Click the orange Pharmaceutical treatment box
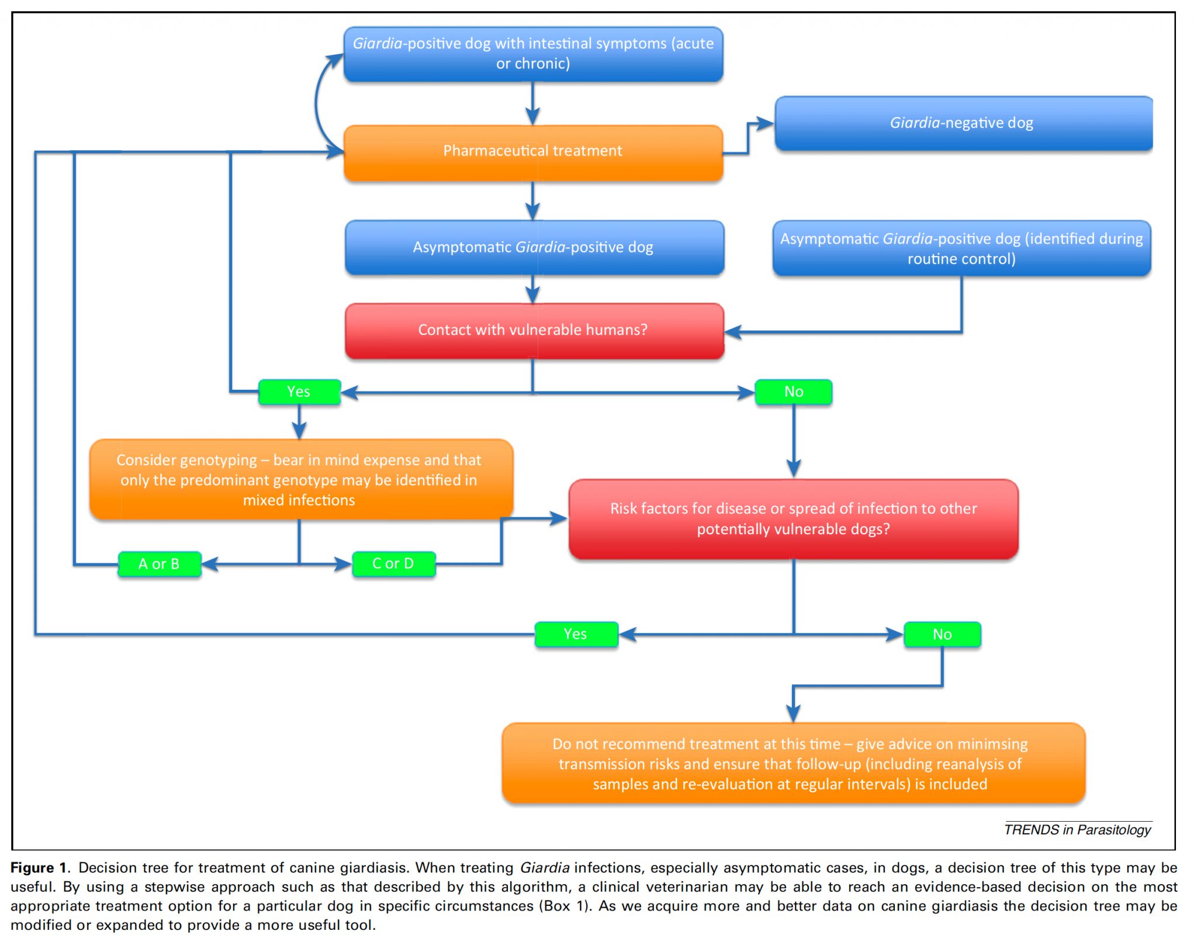pyautogui.click(x=533, y=152)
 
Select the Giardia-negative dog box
pyautogui.click(x=963, y=123)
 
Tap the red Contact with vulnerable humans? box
pyautogui.click(x=534, y=330)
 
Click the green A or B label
pyautogui.click(x=159, y=564)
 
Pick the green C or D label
pyautogui.click(x=393, y=564)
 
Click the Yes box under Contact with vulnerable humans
pyautogui.click(x=299, y=392)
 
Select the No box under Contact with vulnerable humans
pyautogui.click(x=793, y=392)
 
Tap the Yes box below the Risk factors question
pyautogui.click(x=576, y=634)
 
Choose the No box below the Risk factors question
pyautogui.click(x=942, y=634)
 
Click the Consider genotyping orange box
pyautogui.click(x=300, y=480)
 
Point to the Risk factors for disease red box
pyautogui.click(x=793, y=519)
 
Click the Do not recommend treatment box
pyautogui.click(x=793, y=764)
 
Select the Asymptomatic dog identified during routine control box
pyautogui.click(x=961, y=248)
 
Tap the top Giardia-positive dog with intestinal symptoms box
pyautogui.click(x=533, y=54)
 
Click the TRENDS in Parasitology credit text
pyautogui.click(x=1077, y=830)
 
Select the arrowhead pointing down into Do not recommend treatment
pyautogui.click(x=793, y=714)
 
